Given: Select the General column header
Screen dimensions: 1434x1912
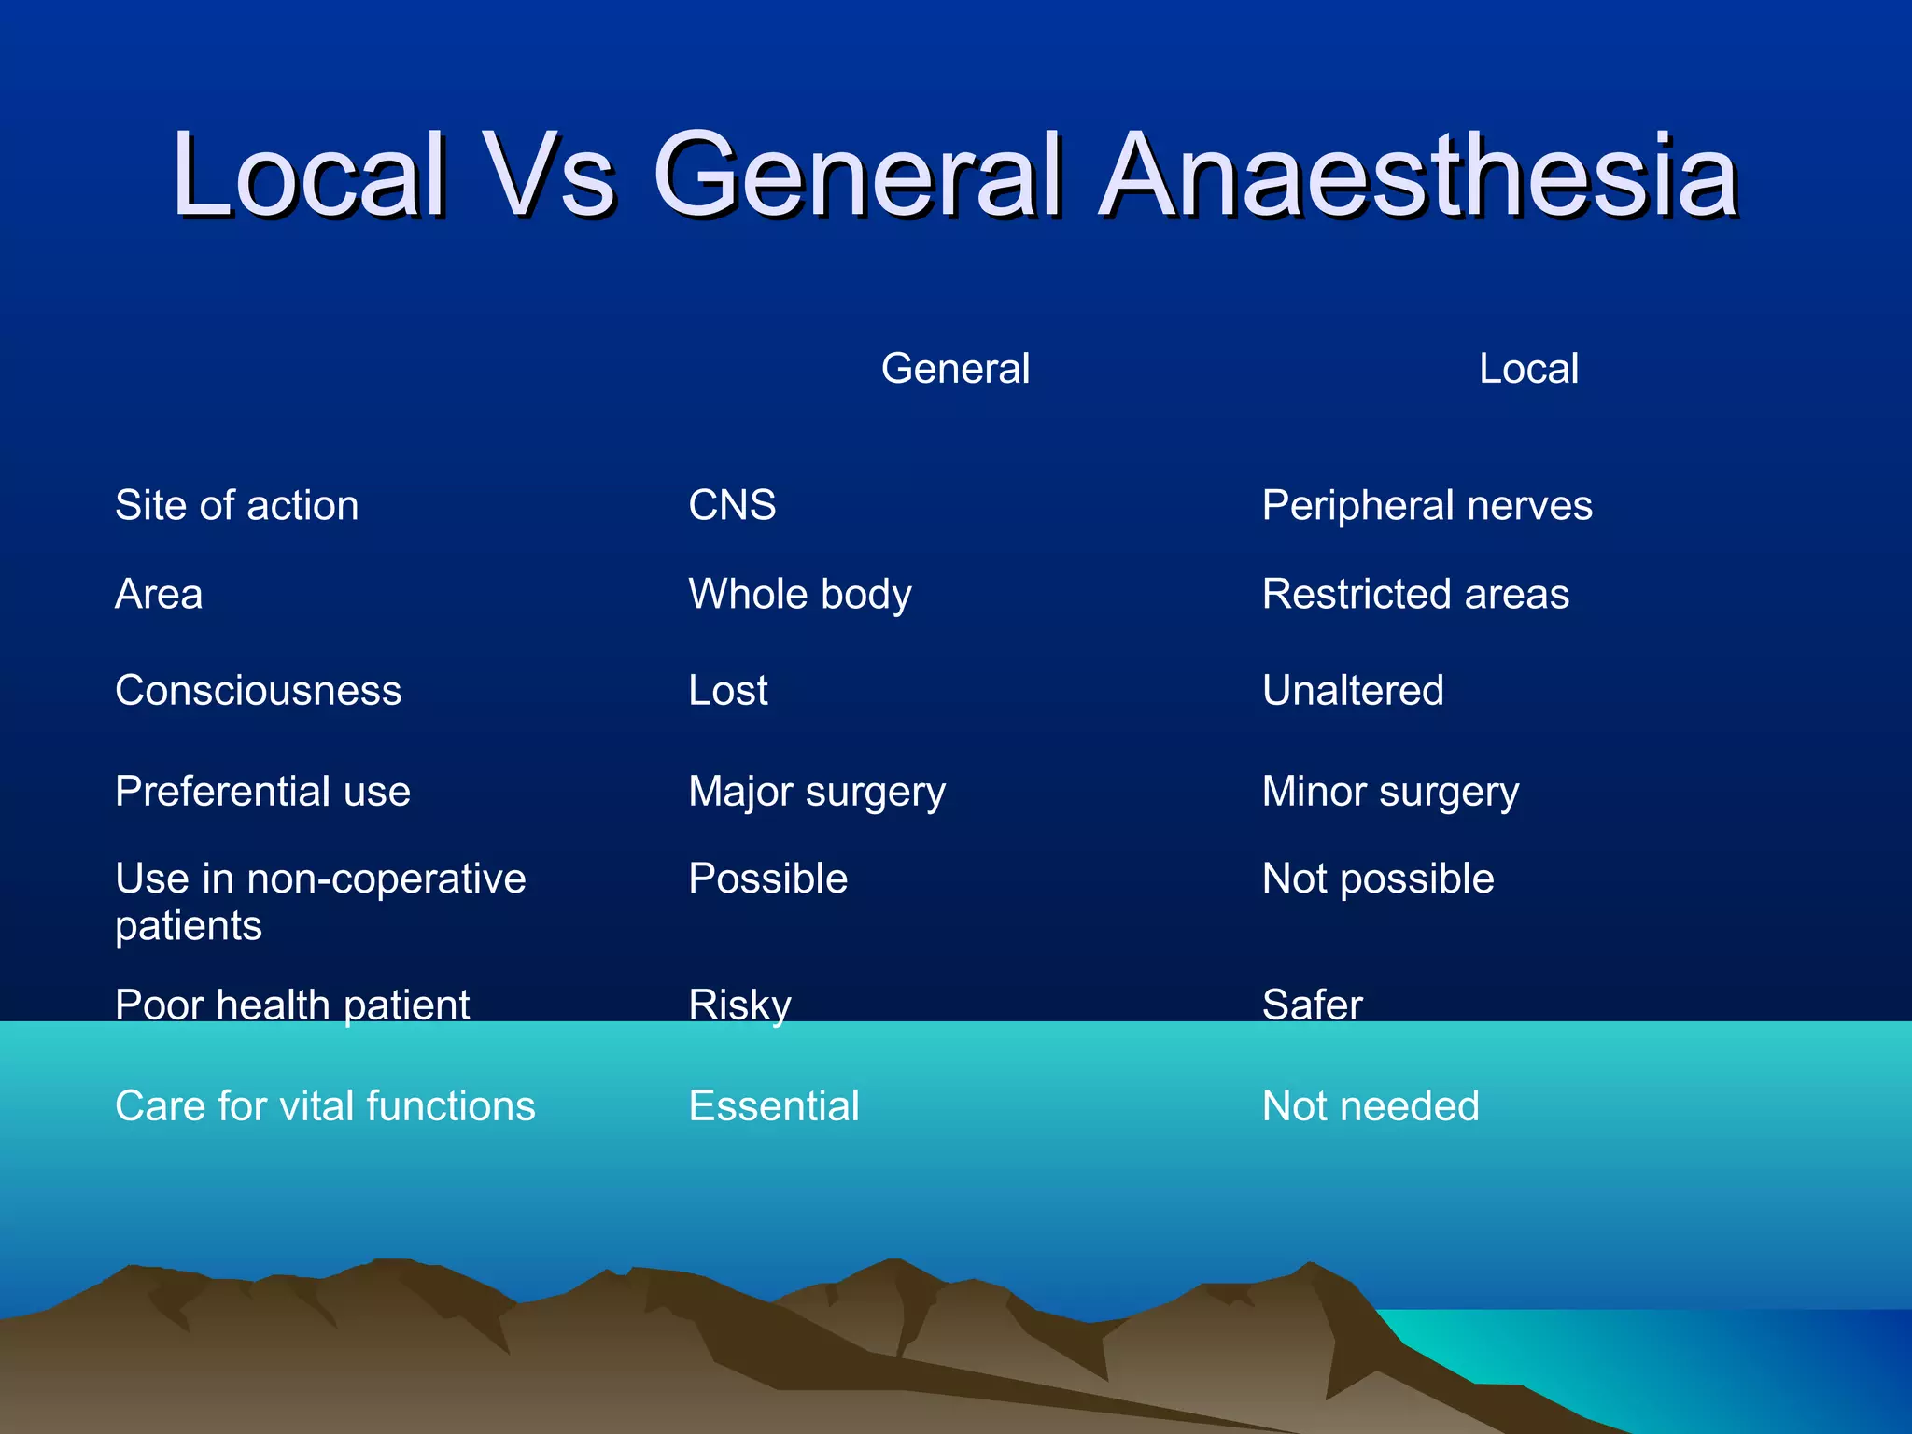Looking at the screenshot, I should pos(955,369).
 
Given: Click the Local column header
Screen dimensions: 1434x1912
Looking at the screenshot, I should pos(1528,369).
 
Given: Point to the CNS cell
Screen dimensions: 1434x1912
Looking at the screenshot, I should pos(732,505).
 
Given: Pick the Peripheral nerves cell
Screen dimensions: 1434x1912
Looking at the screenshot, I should pos(1427,505).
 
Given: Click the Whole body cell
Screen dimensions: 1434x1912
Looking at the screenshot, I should pos(799,595).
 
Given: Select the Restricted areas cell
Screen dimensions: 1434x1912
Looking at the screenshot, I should pos(1415,595).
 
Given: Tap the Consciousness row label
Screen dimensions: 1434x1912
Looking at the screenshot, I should pos(258,691).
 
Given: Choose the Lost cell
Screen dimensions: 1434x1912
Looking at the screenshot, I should pos(727,691).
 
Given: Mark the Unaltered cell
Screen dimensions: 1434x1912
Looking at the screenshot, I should pos(1353,691).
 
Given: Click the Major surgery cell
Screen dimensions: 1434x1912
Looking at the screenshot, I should pos(817,792).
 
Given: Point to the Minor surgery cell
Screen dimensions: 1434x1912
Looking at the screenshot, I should pos(1390,792).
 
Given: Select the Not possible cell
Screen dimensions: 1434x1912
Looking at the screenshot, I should pos(1378,879).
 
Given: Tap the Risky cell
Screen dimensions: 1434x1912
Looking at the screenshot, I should pos(739,1005).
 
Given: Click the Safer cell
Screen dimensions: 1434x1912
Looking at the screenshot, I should pos(1312,1005).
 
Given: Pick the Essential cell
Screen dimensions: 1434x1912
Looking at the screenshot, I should pos(773,1106).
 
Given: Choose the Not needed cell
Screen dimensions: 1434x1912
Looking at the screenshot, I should pos(1371,1106).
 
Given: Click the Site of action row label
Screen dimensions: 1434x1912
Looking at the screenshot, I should pos(236,505).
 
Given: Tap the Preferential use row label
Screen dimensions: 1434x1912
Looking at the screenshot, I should pos(262,792).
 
